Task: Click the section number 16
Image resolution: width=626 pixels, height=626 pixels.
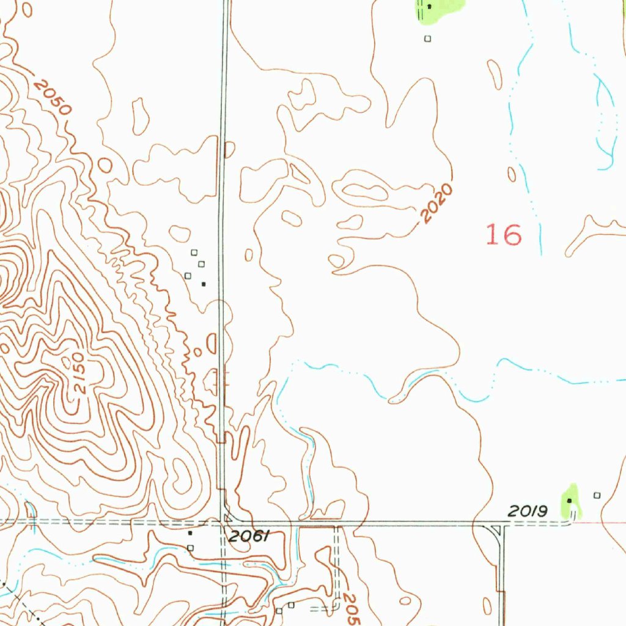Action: pos(504,234)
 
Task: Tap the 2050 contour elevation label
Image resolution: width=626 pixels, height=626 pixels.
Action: pos(53,97)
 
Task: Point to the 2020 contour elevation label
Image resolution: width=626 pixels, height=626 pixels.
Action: pos(438,203)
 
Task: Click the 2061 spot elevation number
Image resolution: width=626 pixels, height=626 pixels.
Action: pos(248,537)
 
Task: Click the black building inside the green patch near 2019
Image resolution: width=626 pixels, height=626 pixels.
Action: pos(569,501)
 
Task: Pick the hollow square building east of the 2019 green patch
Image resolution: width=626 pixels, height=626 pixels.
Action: pos(597,495)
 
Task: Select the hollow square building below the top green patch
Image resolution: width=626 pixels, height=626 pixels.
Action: pos(427,39)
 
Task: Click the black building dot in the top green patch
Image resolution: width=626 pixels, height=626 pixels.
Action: pos(429,7)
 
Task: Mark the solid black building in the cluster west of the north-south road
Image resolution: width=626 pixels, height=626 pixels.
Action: pos(204,284)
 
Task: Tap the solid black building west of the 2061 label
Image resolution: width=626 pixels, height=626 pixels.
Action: pos(190,533)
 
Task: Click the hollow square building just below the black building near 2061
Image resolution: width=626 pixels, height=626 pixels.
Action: pos(191,547)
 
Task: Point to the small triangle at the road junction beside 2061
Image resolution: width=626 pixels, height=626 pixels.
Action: pos(228,518)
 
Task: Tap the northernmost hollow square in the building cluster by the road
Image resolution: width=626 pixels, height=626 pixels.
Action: pos(194,252)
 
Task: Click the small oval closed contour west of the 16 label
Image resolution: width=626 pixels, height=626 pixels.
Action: pos(511,174)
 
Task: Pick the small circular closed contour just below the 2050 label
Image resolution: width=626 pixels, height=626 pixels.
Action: pos(105,165)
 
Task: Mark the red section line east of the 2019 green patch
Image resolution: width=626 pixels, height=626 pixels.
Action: pos(605,523)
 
